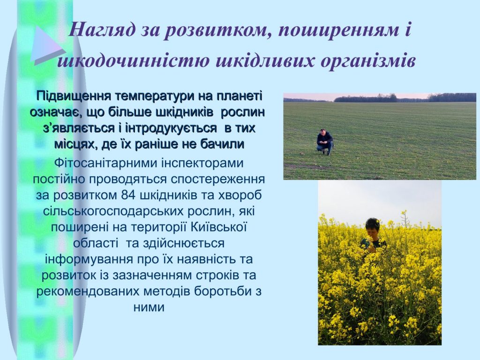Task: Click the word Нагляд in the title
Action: click(x=101, y=30)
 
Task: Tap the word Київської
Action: click(x=219, y=227)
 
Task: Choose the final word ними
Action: click(x=149, y=307)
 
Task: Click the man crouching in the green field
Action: click(x=325, y=142)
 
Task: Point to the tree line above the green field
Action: click(x=380, y=98)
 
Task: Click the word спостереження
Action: click(x=217, y=180)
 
